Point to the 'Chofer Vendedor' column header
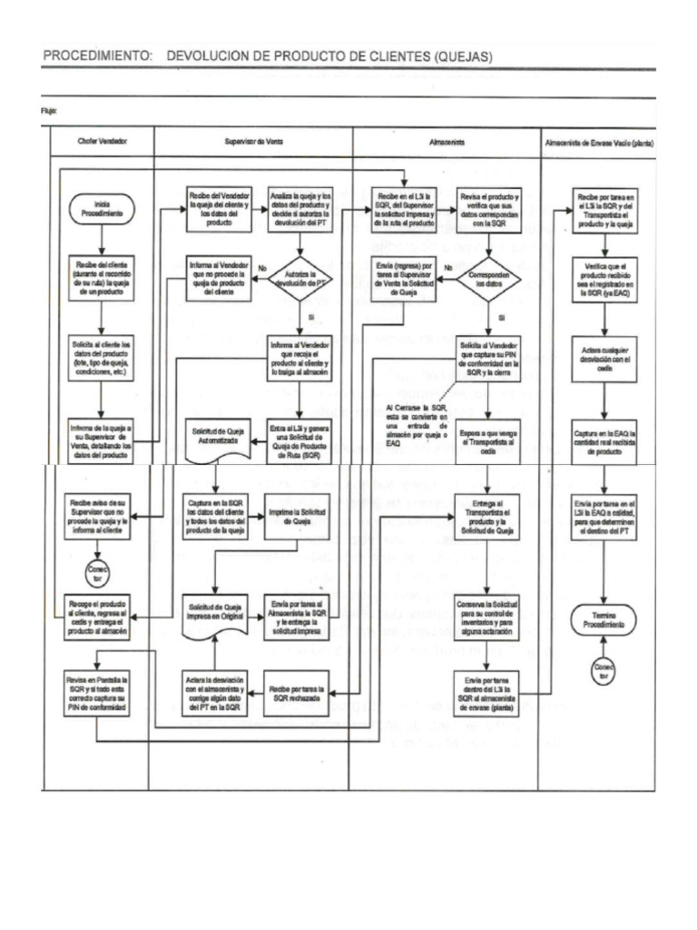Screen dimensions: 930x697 [101, 143]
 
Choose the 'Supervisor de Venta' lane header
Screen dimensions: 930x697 [253, 143]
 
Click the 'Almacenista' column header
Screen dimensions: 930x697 [446, 143]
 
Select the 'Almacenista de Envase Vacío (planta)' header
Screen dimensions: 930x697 [599, 143]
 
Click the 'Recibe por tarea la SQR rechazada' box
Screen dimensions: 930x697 [299, 693]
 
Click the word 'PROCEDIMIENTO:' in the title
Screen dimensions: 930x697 [98, 56]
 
